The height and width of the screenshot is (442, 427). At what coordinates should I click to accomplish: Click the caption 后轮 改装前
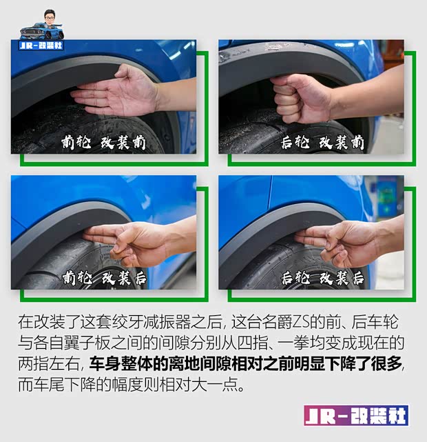click(322, 143)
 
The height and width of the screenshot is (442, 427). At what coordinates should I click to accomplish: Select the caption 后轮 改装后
click(322, 278)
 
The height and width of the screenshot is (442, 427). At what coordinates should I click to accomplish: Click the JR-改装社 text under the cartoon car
click(43, 46)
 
